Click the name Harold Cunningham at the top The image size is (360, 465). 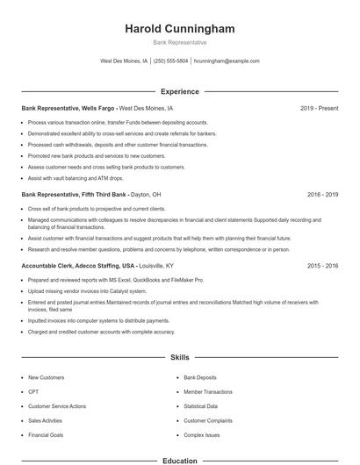pos(180,29)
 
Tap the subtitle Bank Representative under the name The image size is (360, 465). pos(180,42)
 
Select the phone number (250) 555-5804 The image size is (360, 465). pos(171,61)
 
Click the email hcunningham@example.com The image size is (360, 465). pos(227,61)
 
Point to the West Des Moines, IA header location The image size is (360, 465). pos(124,61)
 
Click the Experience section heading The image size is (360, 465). pos(180,91)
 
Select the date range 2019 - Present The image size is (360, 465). pos(319,108)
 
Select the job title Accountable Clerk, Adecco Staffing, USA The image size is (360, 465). pos(79,265)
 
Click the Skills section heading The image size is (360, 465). pos(180,358)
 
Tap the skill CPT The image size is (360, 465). pos(33,392)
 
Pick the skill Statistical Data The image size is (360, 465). pos(201,406)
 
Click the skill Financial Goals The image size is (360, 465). pos(45,434)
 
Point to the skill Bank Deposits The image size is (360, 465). pos(199,377)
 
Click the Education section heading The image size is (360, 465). pos(180,461)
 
